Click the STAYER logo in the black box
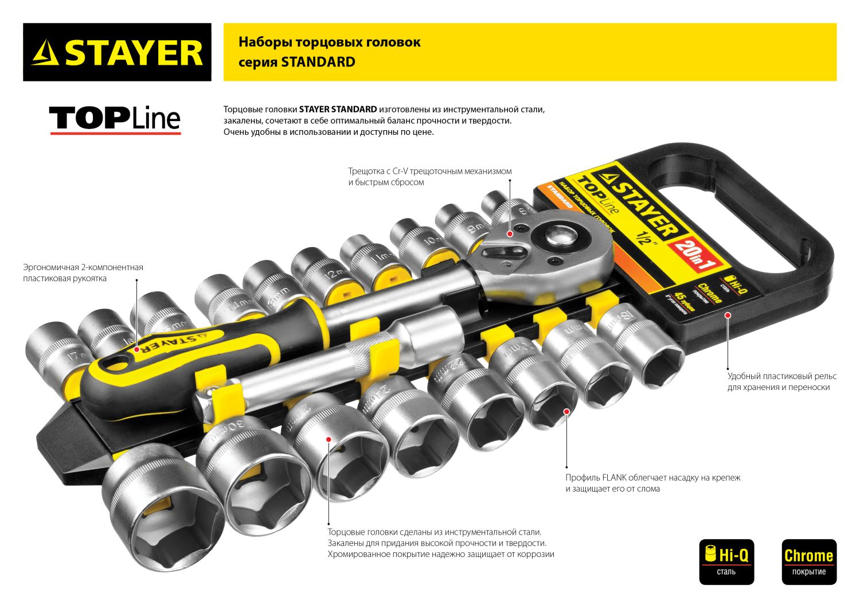(x=117, y=52)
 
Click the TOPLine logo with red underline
(x=115, y=119)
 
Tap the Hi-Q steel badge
(x=726, y=561)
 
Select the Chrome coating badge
(x=808, y=561)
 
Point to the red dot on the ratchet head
(x=509, y=233)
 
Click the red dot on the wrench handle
(x=136, y=349)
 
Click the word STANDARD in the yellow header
(x=318, y=62)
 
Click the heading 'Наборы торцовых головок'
(x=329, y=42)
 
